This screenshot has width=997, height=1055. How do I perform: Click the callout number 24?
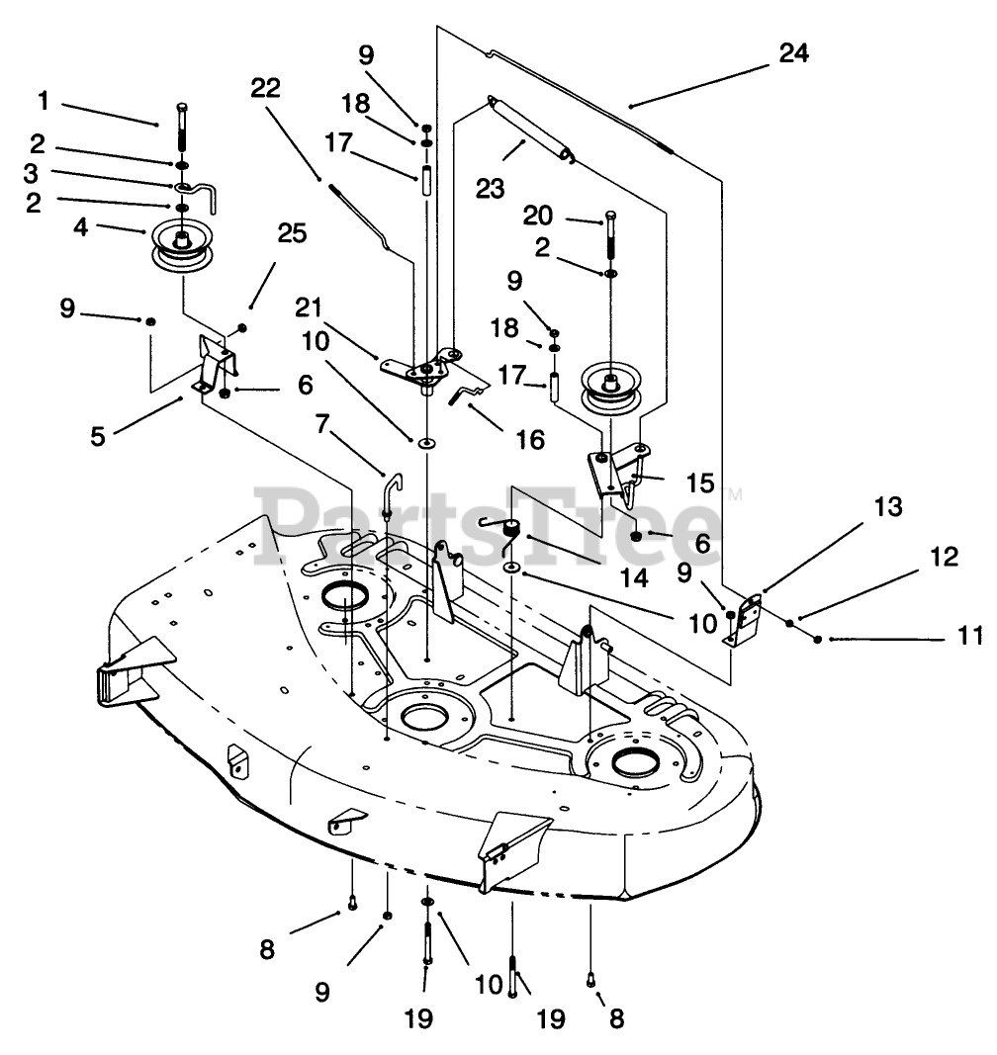(793, 53)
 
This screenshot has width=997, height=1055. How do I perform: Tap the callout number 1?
(44, 101)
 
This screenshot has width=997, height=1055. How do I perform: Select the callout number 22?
(265, 87)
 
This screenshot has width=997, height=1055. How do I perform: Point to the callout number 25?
(292, 233)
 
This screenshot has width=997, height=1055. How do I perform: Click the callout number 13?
(888, 506)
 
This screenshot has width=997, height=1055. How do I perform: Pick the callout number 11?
(970, 635)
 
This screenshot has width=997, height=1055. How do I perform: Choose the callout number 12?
(944, 557)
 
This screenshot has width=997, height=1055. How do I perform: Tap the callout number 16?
(530, 440)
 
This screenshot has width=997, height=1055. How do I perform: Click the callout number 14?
(633, 577)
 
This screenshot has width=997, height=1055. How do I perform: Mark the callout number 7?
(322, 424)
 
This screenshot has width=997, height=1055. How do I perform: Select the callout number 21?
(309, 308)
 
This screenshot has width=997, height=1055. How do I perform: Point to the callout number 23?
(490, 189)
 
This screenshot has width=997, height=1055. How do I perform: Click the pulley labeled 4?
(182, 246)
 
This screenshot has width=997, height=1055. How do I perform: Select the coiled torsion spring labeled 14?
(513, 528)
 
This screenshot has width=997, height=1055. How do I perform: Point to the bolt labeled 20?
(610, 234)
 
